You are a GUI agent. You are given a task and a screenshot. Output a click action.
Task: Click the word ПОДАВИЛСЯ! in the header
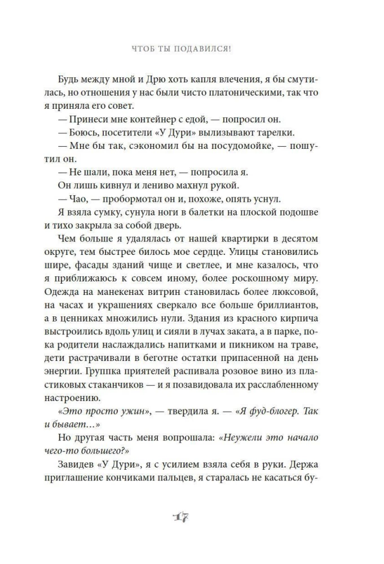[x=206, y=49]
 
